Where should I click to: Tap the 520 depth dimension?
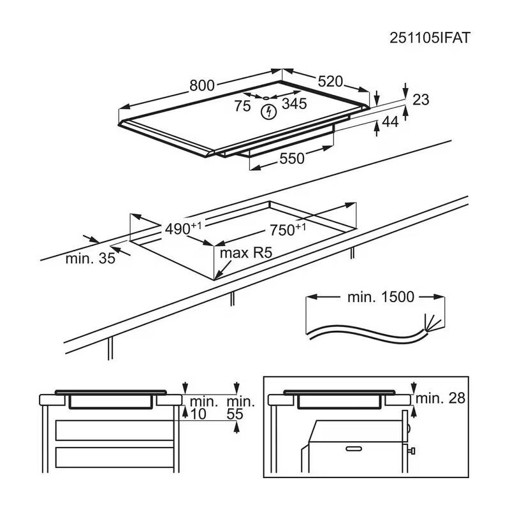(x=330, y=81)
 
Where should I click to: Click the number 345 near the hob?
(x=295, y=104)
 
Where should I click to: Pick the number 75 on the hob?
(x=242, y=106)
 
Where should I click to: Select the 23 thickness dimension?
(x=421, y=99)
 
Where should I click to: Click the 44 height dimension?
(x=390, y=122)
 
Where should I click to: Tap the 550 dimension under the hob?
(x=292, y=159)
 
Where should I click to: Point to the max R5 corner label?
(x=246, y=253)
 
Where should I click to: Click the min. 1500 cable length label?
(x=381, y=296)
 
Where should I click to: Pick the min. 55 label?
(x=240, y=408)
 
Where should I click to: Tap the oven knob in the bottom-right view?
(x=413, y=451)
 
